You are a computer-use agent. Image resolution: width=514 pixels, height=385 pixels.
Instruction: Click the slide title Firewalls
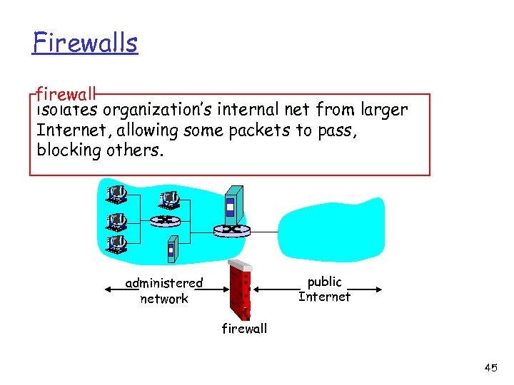click(84, 43)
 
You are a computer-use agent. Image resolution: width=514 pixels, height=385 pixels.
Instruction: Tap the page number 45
click(490, 368)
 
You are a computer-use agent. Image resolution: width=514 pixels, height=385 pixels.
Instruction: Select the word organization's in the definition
click(158, 111)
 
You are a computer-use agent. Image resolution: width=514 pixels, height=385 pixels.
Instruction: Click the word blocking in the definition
click(68, 150)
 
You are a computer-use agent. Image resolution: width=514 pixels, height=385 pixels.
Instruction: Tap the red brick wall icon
click(240, 288)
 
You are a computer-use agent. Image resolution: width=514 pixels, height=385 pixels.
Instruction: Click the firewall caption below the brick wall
click(244, 329)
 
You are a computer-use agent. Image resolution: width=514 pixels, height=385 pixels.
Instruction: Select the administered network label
click(164, 291)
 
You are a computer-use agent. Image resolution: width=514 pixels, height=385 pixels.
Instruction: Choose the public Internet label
click(324, 289)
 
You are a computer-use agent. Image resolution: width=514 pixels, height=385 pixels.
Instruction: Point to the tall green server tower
click(233, 203)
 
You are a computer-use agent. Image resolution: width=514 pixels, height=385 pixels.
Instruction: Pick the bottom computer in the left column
click(116, 245)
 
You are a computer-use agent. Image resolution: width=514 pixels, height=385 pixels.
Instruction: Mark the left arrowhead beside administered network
click(108, 289)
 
